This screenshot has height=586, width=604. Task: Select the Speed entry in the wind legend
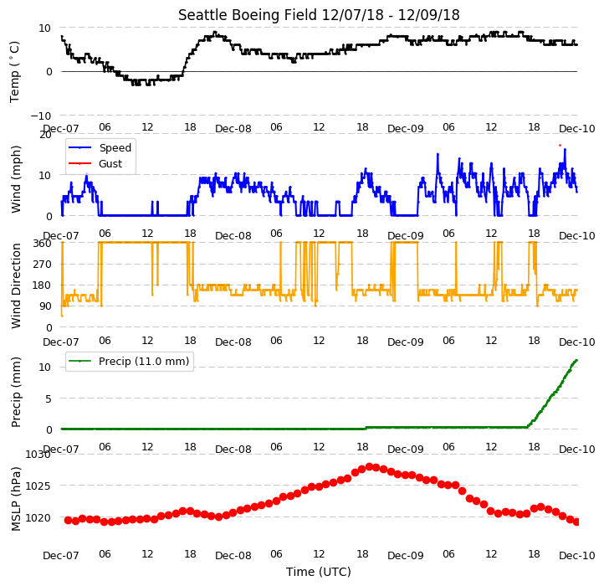click(115, 147)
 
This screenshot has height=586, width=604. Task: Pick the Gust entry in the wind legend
click(110, 163)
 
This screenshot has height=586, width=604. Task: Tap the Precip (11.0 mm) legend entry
click(144, 362)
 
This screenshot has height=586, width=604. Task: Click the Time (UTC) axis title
click(319, 571)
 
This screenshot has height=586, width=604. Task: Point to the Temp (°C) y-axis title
click(14, 72)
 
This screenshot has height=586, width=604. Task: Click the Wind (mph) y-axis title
click(16, 179)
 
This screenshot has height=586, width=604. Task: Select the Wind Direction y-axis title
click(16, 285)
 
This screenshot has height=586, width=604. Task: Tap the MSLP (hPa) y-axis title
click(16, 499)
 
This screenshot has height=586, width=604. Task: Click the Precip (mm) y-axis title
click(16, 392)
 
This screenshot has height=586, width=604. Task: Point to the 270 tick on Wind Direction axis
click(44, 264)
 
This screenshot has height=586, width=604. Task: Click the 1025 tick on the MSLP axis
click(38, 486)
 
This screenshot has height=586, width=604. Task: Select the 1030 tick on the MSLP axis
click(38, 454)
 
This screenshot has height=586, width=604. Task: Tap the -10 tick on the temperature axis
click(40, 116)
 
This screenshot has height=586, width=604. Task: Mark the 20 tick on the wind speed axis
click(45, 135)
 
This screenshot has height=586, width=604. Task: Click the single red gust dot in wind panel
click(560, 146)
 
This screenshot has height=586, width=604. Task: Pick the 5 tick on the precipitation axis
click(49, 398)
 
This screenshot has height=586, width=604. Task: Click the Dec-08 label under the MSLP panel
click(233, 556)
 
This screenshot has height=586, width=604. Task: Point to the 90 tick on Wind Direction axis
click(46, 306)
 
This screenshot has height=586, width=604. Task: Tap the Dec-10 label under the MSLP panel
click(577, 556)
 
